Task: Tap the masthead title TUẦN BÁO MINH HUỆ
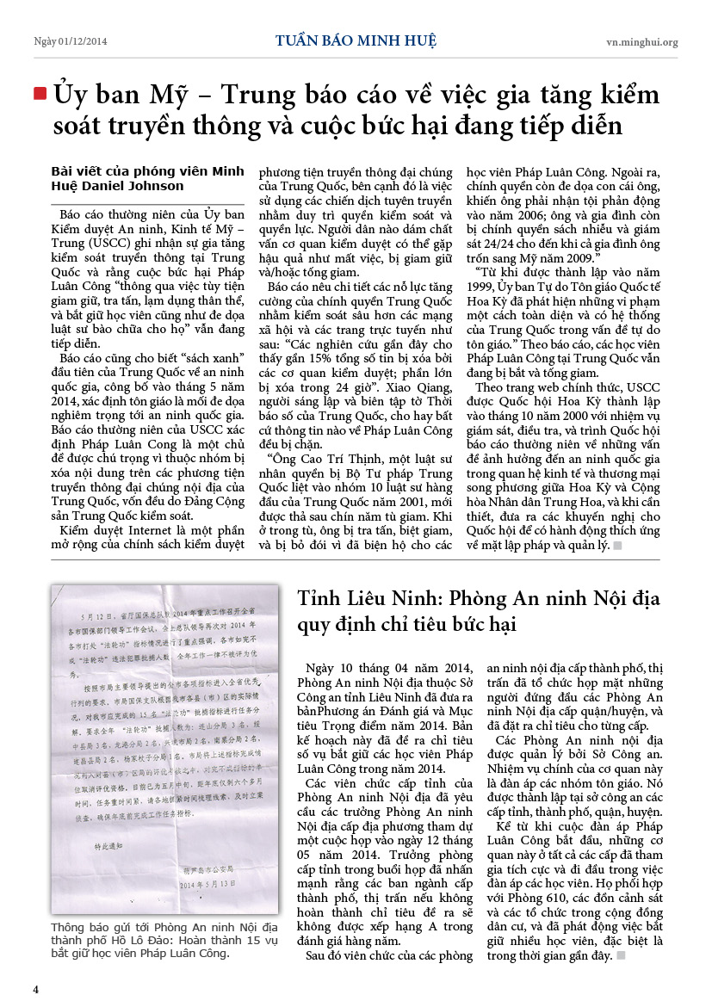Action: click(356, 40)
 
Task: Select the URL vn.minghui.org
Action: click(641, 41)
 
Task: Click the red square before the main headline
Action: click(40, 94)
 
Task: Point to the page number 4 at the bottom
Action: click(36, 988)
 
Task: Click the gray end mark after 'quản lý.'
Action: click(617, 546)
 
